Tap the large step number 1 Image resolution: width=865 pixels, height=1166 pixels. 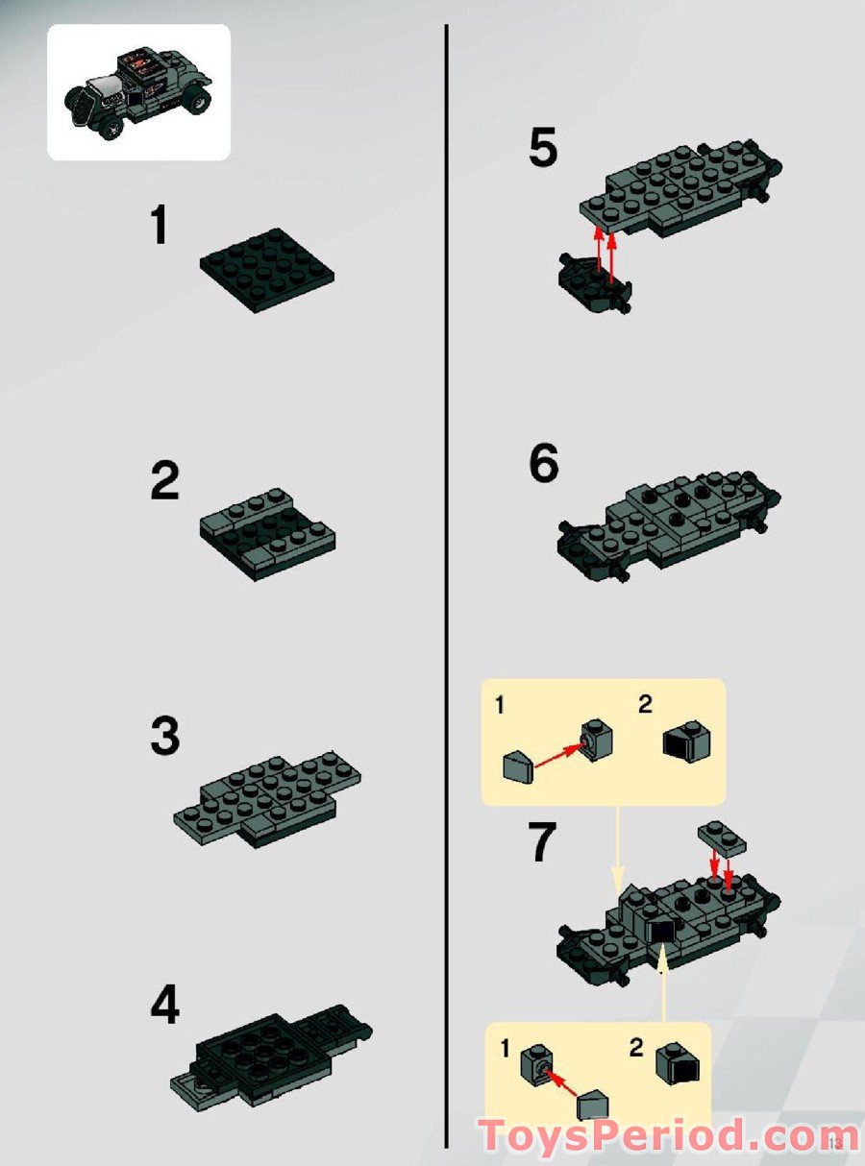[x=159, y=227]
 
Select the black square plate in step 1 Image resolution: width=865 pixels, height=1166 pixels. [x=267, y=270]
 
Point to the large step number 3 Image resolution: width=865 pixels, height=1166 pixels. [x=164, y=738]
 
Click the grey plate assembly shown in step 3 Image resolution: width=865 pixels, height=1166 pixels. [x=267, y=796]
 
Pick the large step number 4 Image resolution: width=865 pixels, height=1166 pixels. [x=164, y=1006]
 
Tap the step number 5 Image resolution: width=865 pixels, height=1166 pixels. [x=542, y=150]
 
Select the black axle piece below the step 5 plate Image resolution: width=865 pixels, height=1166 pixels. [x=594, y=285]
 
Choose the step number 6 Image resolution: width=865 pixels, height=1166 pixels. [x=543, y=465]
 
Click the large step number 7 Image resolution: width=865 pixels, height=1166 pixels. [x=542, y=842]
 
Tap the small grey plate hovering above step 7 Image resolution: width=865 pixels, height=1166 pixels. [x=722, y=838]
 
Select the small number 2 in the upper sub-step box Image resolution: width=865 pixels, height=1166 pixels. [x=645, y=705]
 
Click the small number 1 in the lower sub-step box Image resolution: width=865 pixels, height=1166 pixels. [x=505, y=1049]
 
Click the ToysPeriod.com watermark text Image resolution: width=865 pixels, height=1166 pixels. [x=655, y=1137]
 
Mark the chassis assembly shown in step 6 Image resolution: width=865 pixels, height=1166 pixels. [x=668, y=526]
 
